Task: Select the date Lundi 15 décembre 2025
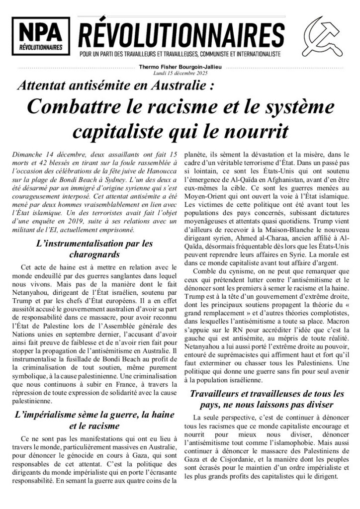click(180, 73)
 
